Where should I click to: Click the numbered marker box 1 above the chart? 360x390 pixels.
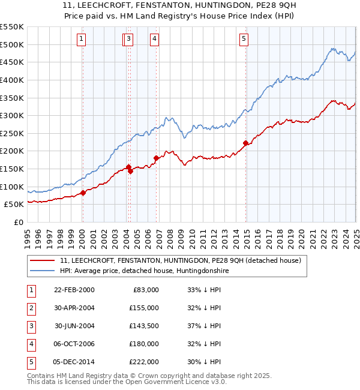pos(81,40)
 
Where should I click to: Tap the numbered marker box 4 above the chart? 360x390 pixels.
pos(154,40)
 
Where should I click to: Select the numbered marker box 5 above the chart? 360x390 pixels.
pos(244,40)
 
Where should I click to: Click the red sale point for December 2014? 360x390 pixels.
pos(245,143)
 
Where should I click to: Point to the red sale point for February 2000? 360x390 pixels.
pos(83,193)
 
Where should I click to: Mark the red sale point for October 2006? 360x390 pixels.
pos(156,158)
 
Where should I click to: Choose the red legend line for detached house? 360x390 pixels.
pos(42,261)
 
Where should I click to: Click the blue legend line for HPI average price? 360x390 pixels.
pos(42,271)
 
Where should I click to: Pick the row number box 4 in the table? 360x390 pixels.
pos(30,344)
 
